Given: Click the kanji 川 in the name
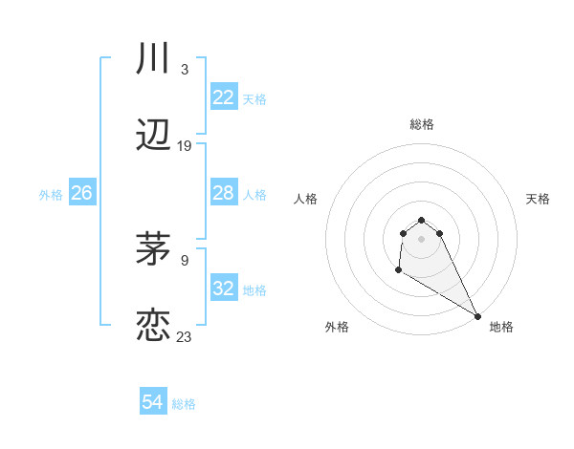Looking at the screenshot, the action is point(153,59).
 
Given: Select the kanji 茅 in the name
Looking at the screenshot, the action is point(153,248).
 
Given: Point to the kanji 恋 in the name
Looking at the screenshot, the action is point(153,325).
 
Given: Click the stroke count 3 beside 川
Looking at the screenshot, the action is point(184,70).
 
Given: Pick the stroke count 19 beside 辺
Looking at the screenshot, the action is point(185,146).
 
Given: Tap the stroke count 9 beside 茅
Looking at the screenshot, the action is point(185,259).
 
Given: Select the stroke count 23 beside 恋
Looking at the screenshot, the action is point(185,336).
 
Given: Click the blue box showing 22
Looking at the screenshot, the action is point(224,97).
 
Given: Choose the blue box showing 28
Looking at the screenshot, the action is point(224,193).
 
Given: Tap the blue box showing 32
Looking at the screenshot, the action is point(224,289).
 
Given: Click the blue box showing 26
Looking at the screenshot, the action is point(81,193).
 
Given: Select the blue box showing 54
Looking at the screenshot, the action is point(153,402).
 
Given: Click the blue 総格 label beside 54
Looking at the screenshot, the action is point(184,404).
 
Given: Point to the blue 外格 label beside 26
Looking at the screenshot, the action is point(51,195).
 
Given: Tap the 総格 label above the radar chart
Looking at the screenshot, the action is point(422,124).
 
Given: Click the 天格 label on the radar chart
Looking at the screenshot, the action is point(538,199).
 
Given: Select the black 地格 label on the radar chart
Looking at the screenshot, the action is point(501,327).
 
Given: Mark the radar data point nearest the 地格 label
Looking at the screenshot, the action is point(477,316).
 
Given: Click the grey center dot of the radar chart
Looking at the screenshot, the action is point(422,238).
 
